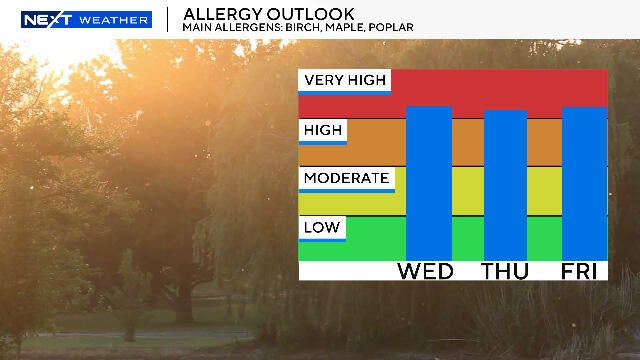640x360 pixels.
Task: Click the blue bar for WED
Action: [429, 182]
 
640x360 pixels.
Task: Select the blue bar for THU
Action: [506, 184]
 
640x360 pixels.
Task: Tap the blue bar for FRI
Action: [584, 182]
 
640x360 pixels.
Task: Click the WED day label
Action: [426, 271]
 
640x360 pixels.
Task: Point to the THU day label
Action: [506, 271]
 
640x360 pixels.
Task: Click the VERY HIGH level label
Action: [344, 81]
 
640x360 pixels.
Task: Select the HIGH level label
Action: [323, 131]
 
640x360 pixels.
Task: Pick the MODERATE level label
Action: [346, 179]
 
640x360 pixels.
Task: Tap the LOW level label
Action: [322, 228]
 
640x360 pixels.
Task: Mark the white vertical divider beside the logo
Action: [167, 19]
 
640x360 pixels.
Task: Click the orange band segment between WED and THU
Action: [468, 142]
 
